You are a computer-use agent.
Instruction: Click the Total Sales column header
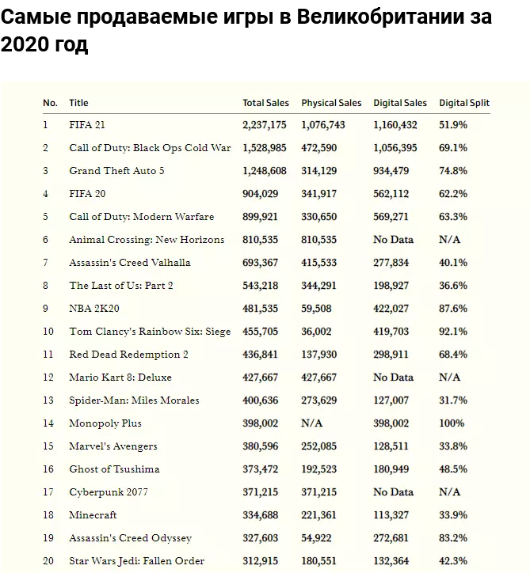(x=265, y=103)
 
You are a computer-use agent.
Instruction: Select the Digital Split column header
(x=464, y=103)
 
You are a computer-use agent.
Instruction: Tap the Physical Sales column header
(x=331, y=103)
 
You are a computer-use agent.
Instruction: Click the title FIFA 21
(x=87, y=125)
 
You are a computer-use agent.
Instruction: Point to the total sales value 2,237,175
(x=265, y=125)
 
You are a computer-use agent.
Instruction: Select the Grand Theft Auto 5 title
(x=116, y=171)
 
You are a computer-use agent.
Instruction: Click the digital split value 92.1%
(x=453, y=332)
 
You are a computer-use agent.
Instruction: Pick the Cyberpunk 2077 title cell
(x=109, y=492)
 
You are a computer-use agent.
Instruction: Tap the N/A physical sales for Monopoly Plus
(x=312, y=423)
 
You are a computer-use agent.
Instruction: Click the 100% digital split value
(x=452, y=423)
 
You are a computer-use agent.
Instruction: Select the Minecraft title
(x=93, y=515)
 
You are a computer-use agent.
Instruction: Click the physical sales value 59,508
(x=316, y=309)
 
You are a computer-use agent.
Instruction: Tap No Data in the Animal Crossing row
(x=393, y=240)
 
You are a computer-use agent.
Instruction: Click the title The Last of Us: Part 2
(x=121, y=286)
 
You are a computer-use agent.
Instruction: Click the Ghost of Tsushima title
(x=114, y=469)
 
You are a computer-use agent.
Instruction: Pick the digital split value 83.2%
(x=453, y=538)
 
